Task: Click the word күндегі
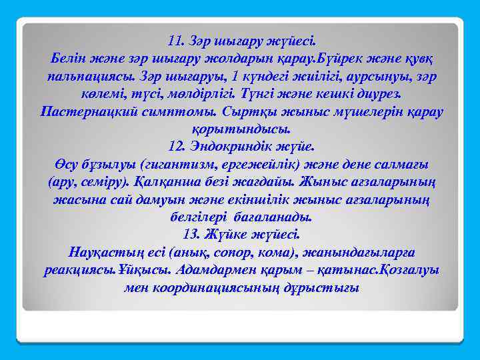(x=301, y=77)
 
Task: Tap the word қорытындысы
(x=241, y=129)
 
